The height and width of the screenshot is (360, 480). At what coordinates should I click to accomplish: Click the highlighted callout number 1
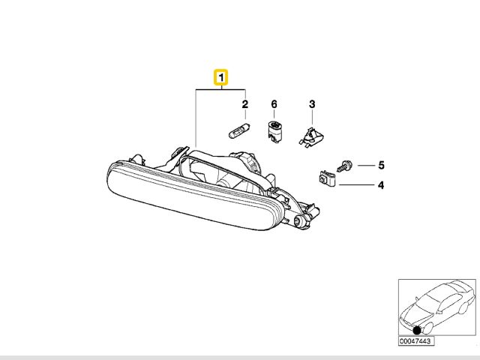(221, 76)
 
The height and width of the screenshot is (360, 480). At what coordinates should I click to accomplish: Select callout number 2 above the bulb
(244, 103)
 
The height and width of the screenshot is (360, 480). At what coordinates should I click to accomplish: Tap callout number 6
(274, 103)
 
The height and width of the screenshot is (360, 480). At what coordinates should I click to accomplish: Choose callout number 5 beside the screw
(380, 164)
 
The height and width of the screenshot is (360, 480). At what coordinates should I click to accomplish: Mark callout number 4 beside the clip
(380, 184)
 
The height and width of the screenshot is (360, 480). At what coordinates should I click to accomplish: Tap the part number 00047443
(416, 341)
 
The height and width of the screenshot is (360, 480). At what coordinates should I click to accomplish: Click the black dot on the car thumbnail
(417, 329)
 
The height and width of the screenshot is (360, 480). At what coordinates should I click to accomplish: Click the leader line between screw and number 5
(363, 164)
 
